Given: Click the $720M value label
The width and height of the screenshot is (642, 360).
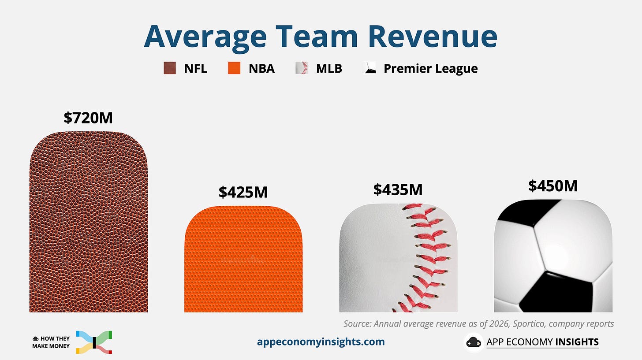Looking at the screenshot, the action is point(88,118).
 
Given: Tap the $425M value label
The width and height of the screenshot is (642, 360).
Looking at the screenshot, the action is point(243,192).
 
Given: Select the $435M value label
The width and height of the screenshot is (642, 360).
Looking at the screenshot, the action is point(398,189).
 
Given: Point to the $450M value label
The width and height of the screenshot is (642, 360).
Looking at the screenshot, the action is point(553,186).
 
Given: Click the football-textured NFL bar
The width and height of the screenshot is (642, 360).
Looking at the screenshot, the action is point(89,222).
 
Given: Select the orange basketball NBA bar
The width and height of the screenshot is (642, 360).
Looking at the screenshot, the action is point(243,259).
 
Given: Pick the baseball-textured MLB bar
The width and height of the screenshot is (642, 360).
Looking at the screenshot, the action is point(399,258).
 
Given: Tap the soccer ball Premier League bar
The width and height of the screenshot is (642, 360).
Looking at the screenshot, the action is point(553,256).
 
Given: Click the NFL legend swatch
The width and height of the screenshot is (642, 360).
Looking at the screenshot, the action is point(170,68).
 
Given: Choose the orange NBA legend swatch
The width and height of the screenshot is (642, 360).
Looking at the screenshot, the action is point(234,68).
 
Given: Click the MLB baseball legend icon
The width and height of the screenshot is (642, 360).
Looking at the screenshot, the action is point(302,68).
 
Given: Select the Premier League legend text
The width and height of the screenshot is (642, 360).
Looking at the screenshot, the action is point(431,68).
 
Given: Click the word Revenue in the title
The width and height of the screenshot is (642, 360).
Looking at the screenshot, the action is point(433,37).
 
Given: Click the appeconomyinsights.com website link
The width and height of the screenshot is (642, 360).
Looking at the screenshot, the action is point(321,341).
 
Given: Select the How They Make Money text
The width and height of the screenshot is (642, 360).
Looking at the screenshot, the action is point(51,342).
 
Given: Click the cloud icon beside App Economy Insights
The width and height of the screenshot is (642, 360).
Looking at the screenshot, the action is point(474,342).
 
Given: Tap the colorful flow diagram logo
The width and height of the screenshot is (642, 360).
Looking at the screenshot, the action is point(94,342).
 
